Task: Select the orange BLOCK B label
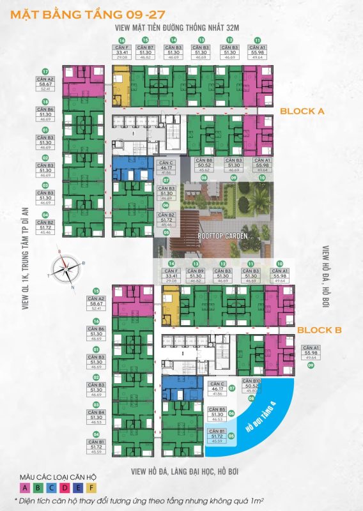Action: click(x=320, y=330)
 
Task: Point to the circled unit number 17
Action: click(x=45, y=72)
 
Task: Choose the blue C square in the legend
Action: click(x=52, y=487)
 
